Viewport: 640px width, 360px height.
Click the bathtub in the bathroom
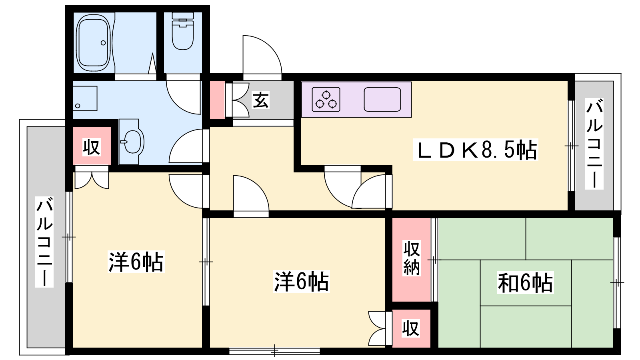pos(94,43)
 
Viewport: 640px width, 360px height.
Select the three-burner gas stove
pos(326,99)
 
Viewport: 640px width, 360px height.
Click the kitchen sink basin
pos(382,99)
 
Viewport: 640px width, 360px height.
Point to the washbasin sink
pos(132,142)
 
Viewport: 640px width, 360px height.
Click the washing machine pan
pos(85,98)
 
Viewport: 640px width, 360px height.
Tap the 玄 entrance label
pos(260,100)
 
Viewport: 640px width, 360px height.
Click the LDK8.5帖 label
pos(476,150)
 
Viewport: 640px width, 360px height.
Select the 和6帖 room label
pos(525,282)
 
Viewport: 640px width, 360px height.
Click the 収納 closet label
pos(412,258)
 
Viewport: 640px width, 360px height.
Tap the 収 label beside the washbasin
pos(92,147)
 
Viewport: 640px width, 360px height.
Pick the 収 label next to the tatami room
pos(411,328)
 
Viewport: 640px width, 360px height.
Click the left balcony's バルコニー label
pos(44,242)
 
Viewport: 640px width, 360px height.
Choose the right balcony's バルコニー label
pos(594,144)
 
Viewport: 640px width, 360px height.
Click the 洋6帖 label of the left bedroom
pos(136,262)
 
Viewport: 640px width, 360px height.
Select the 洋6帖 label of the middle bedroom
pos(302,282)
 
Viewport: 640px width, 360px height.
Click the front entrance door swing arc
pos(262,54)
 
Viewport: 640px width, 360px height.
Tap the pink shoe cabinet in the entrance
pos(218,100)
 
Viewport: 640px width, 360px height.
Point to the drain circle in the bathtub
pos(103,43)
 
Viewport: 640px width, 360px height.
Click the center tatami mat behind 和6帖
pos(526,283)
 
